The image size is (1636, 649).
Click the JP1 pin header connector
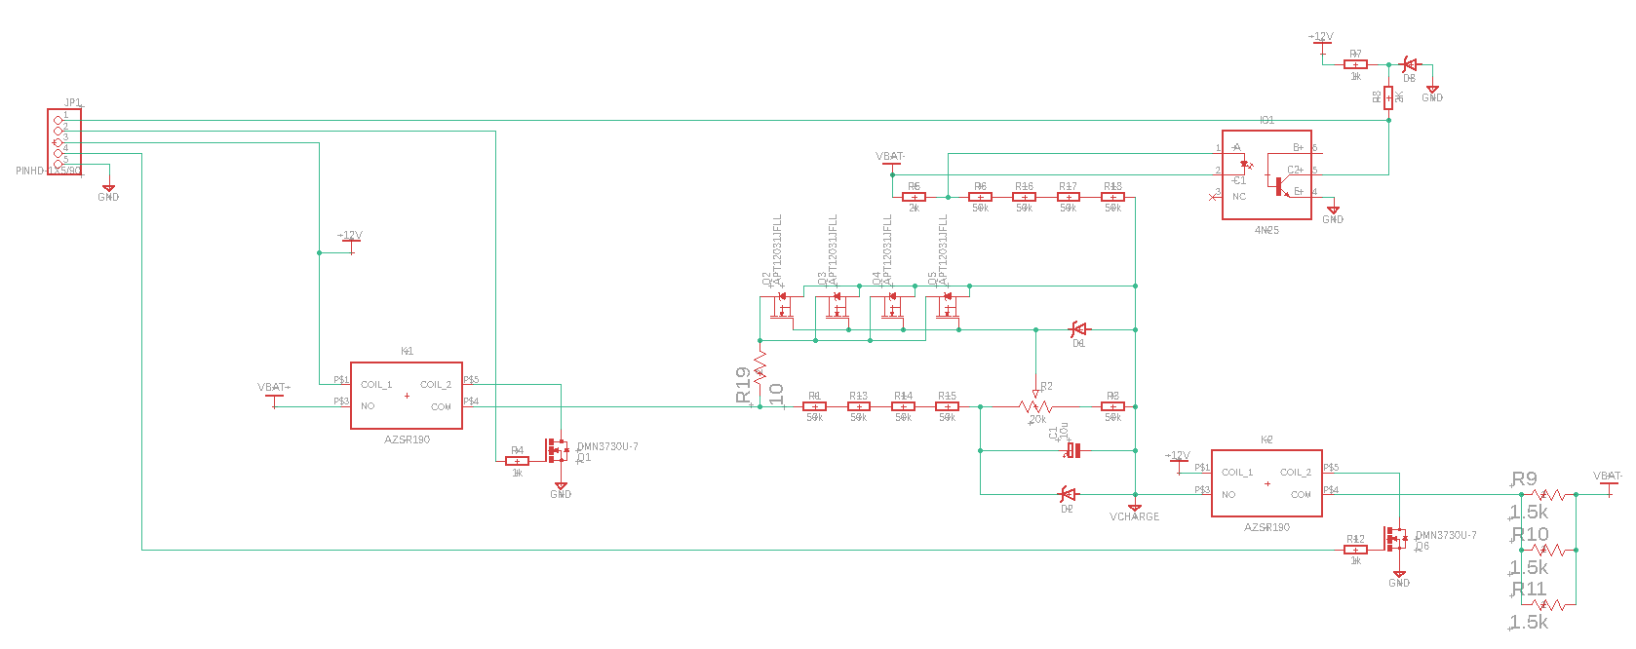64,141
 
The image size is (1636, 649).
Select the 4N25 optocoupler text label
1266,230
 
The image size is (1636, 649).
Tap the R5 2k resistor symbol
914,197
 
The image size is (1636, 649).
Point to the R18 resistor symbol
1112,197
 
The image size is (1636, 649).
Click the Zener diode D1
1079,329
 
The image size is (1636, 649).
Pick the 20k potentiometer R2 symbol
1035,405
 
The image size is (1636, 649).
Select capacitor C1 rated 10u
1072,450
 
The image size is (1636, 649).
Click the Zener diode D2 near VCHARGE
1068,494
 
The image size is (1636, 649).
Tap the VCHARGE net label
1134,516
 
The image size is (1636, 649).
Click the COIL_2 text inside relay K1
435,385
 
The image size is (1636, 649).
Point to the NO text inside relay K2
1228,495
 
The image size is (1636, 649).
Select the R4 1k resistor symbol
517,460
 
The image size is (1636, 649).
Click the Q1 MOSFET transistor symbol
557,450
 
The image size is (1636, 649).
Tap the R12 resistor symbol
1355,550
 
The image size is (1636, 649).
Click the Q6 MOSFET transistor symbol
1395,538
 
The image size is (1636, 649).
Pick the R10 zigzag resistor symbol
1548,550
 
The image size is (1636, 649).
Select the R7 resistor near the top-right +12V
1355,64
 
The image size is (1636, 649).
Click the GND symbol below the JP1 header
108,188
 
